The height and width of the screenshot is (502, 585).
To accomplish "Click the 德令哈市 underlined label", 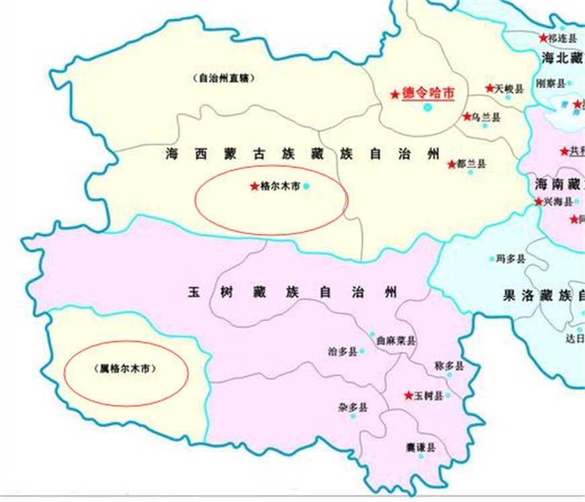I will click(428, 94).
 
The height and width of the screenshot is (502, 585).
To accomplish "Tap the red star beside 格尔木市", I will click(253, 186).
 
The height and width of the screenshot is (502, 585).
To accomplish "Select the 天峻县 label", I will click(508, 88).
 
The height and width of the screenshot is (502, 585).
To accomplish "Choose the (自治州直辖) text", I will click(223, 77).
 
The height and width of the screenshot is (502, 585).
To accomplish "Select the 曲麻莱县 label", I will click(396, 340).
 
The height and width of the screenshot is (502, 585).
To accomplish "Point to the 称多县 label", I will click(449, 366).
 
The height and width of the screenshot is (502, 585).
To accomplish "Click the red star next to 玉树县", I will click(408, 396).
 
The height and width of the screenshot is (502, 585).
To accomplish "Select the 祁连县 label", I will click(563, 38).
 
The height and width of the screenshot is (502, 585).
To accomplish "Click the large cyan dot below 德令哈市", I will click(428, 107).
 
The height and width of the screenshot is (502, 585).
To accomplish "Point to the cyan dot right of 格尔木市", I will click(307, 186).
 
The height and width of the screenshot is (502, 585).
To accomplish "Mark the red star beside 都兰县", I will click(452, 164).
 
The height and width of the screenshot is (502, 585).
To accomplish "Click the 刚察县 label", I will click(550, 83).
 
